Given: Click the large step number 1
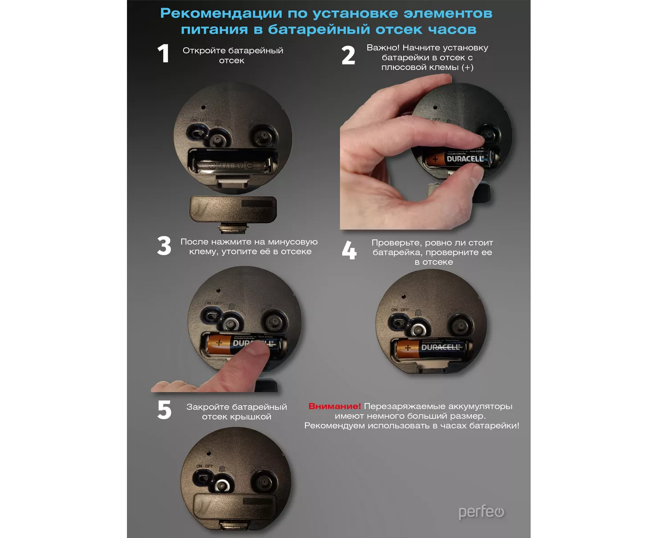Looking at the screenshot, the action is [163, 53].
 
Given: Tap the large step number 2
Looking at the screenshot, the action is [348, 55].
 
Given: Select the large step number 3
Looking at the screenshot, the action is [164, 246].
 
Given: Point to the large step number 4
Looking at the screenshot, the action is [349, 250].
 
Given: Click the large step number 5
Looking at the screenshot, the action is [165, 409].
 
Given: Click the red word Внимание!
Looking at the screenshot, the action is [335, 406].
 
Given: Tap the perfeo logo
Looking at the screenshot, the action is [481, 512].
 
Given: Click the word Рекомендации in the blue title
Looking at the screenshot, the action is [222, 13].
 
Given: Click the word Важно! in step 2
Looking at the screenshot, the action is [383, 48].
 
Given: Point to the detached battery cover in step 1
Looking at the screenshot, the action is [233, 209].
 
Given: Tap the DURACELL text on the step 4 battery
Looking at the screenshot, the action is [440, 347].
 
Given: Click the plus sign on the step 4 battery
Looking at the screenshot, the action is [407, 348].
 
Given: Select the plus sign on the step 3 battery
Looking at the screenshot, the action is [219, 343].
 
